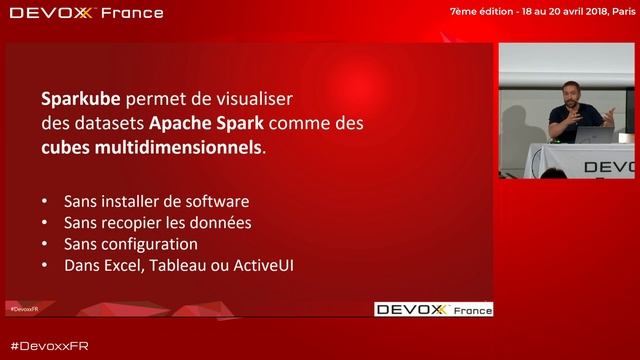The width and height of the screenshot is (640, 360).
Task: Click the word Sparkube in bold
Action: [x=80, y=100]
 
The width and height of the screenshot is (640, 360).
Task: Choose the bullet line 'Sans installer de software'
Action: [x=156, y=201]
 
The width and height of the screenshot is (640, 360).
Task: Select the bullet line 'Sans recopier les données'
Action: [x=157, y=222]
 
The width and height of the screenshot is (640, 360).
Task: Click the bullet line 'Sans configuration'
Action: [x=130, y=244]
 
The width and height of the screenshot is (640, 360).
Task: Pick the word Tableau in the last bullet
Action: [x=185, y=266]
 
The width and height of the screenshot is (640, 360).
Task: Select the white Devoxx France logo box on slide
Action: [x=433, y=309]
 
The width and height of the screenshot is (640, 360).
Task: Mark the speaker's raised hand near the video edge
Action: [x=608, y=117]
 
